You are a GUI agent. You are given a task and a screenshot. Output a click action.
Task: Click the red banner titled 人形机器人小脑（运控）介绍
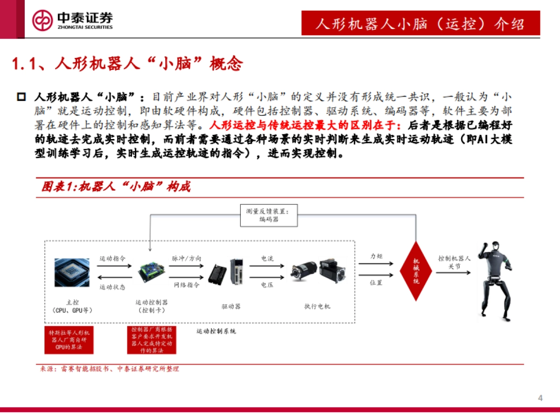[420, 23]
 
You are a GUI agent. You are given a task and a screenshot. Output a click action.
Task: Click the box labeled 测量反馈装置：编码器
[268, 215]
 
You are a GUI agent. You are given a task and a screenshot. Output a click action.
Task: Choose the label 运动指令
[112, 258]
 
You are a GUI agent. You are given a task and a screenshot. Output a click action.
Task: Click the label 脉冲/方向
[187, 258]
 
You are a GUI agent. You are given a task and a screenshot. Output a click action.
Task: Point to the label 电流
[267, 258]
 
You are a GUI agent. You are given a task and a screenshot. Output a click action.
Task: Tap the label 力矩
[376, 257]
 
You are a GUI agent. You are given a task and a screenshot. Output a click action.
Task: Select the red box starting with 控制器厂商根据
[152, 340]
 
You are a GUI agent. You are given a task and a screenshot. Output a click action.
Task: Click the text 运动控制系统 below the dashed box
[216, 331]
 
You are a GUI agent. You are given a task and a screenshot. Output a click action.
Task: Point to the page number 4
[540, 398]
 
